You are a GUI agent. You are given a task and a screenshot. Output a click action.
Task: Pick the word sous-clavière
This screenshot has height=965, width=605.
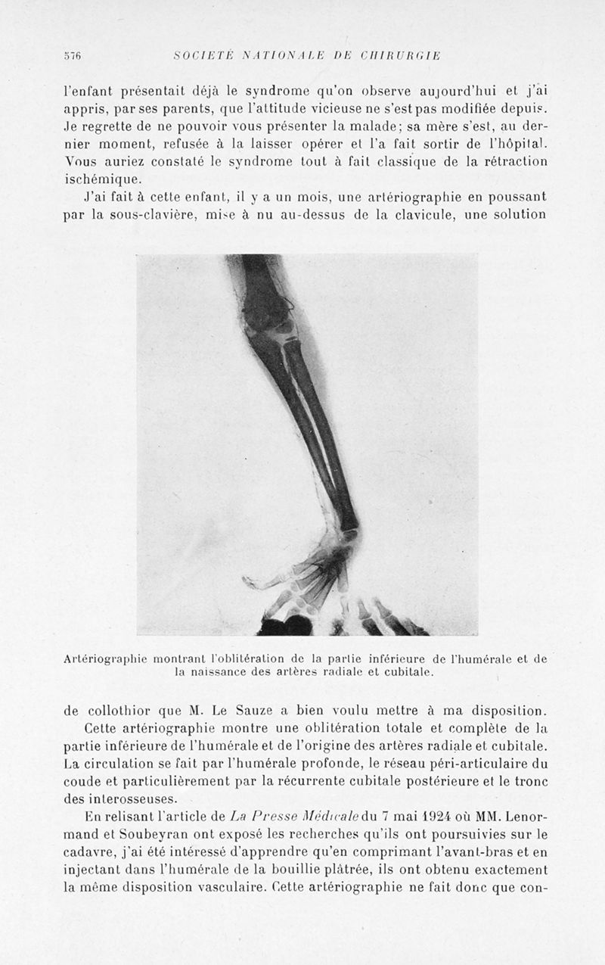tap(142, 215)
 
